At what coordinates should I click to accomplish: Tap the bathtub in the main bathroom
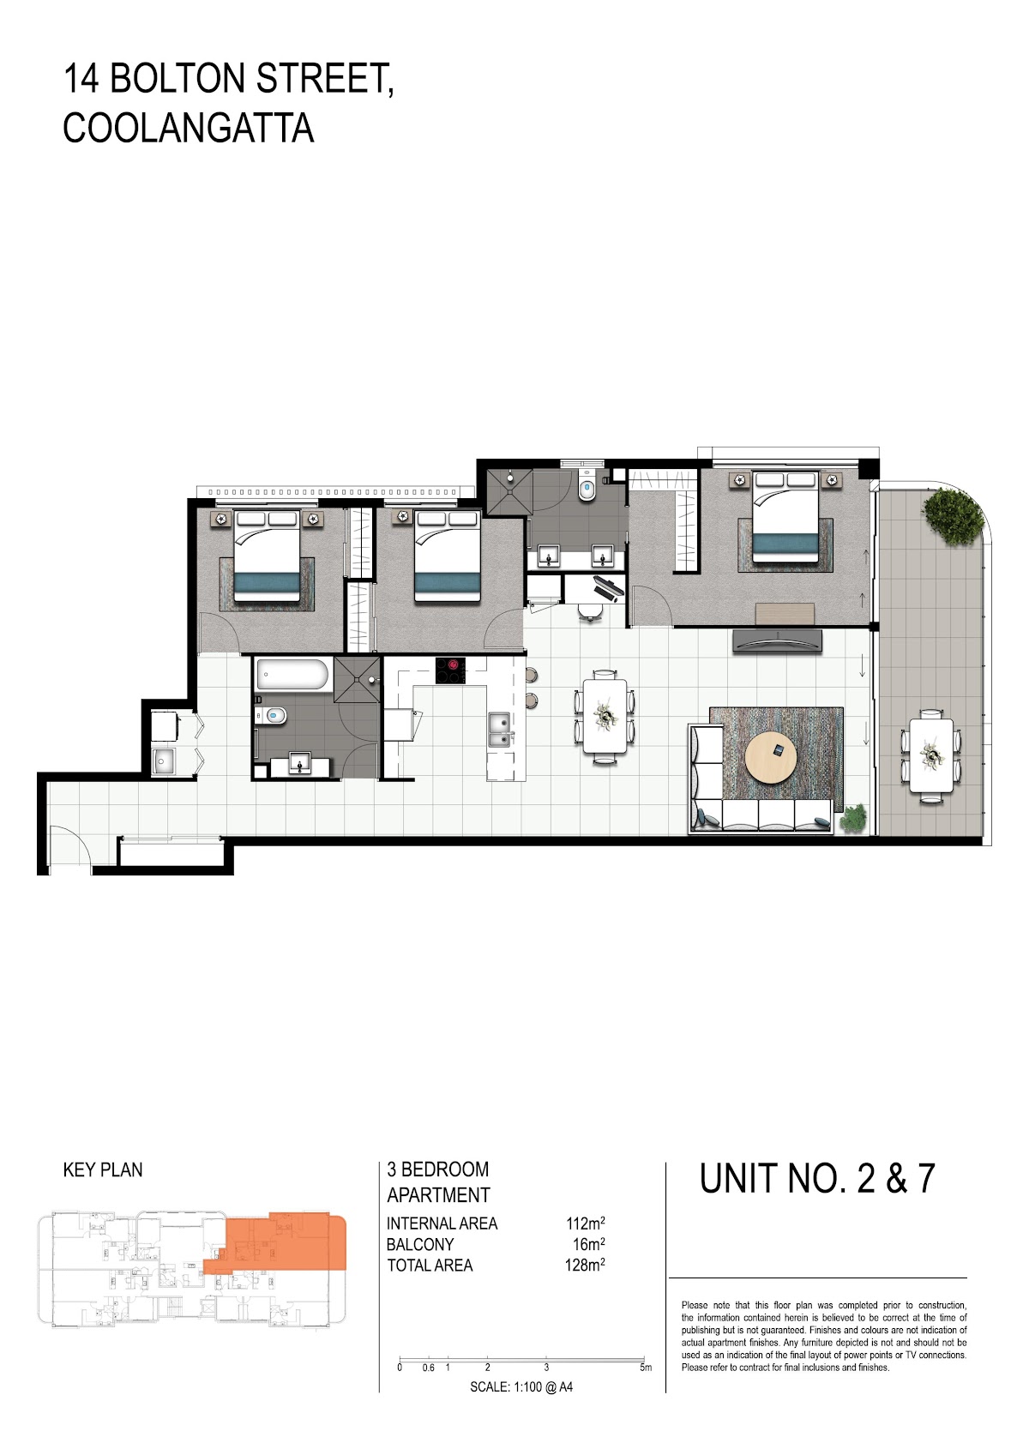pyautogui.click(x=292, y=675)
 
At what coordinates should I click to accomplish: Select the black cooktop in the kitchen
pyautogui.click(x=451, y=670)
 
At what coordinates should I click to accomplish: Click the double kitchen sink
pyautogui.click(x=499, y=731)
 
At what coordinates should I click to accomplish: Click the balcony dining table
pyautogui.click(x=930, y=755)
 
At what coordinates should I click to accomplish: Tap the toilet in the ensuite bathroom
pyautogui.click(x=587, y=488)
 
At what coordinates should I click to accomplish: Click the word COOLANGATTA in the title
pyautogui.click(x=189, y=128)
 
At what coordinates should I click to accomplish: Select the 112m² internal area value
pyautogui.click(x=586, y=1224)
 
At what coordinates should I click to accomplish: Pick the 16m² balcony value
pyautogui.click(x=589, y=1245)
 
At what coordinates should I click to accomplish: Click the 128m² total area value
pyautogui.click(x=586, y=1266)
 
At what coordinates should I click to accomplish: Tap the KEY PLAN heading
pyautogui.click(x=103, y=1169)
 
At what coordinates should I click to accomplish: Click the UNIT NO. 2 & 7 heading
pyautogui.click(x=817, y=1179)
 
